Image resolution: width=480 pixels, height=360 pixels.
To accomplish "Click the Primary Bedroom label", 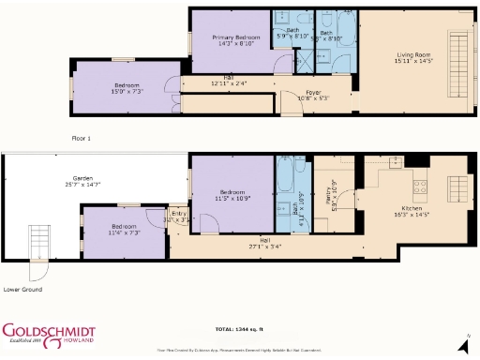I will (229, 36).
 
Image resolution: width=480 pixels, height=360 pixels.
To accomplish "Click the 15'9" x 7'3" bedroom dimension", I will (127, 92).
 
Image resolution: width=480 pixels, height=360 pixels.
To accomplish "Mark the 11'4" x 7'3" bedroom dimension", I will (124, 232).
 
